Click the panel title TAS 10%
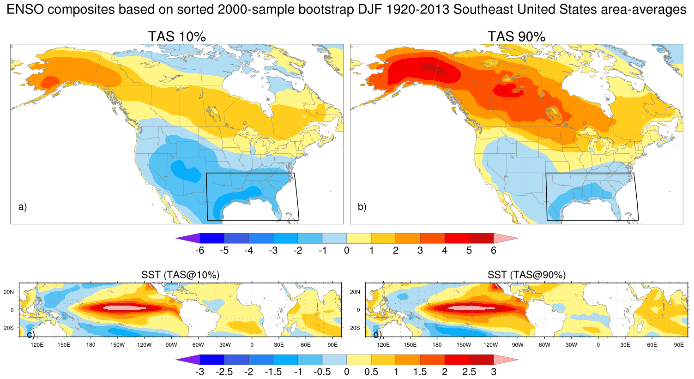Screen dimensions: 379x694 [177, 36]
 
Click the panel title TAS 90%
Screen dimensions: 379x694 [516, 36]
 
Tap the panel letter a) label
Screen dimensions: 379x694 [23, 207]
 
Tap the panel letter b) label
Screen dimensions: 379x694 [362, 207]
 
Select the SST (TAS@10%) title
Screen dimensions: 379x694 [181, 275]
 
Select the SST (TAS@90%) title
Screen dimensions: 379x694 [526, 275]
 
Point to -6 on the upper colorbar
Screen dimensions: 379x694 [200, 251]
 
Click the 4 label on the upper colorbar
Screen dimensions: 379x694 [445, 251]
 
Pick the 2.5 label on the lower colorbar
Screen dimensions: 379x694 [469, 372]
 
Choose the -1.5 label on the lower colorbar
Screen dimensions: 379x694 [273, 372]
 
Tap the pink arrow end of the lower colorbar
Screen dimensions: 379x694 [505, 359]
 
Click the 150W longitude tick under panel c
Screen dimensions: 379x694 [117, 345]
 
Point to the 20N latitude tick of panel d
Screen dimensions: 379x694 [355, 292]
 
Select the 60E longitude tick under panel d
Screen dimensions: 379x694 [652, 345]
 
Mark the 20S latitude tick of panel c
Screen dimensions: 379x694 [8, 328]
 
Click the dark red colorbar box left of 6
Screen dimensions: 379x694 [481, 238]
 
